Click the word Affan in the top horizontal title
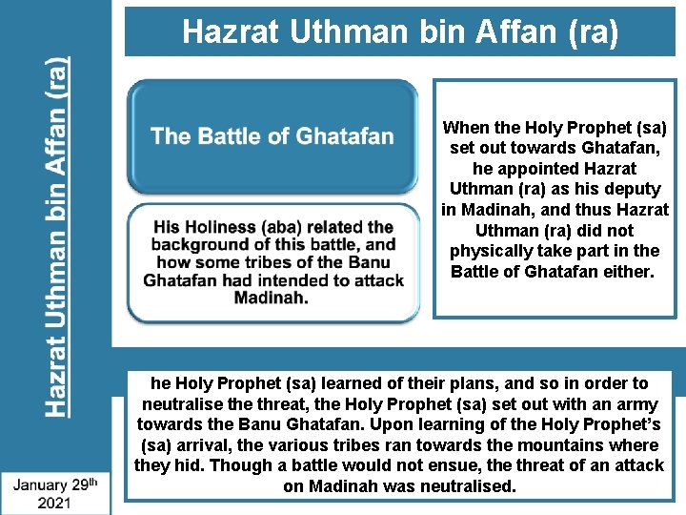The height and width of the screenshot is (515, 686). (513, 32)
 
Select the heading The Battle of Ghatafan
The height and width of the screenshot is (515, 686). (272, 135)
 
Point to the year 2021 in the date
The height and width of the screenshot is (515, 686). (55, 502)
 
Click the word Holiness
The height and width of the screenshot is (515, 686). (228, 227)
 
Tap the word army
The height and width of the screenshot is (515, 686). (634, 404)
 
